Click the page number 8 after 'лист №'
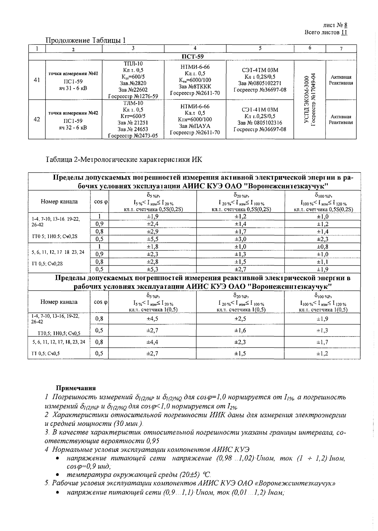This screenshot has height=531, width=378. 346,25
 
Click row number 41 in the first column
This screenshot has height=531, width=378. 37,80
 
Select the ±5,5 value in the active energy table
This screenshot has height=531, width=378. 152,239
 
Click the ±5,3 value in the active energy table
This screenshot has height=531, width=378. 152,270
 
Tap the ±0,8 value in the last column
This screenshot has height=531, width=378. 322,247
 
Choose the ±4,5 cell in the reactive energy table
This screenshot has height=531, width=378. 152,318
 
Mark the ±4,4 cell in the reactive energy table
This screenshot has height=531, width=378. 152,342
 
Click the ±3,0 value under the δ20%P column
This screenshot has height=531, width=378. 240,239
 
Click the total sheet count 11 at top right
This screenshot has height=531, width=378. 344,32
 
